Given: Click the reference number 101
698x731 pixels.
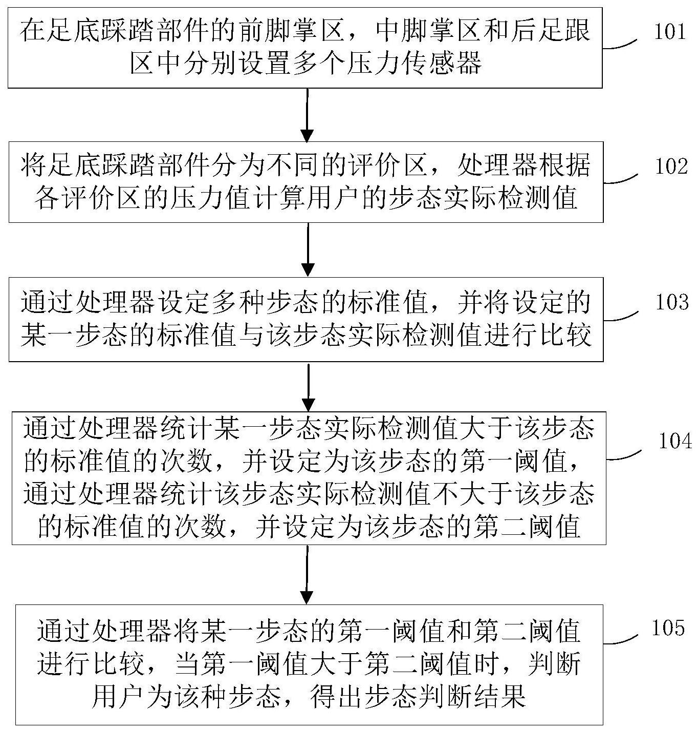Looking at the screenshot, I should (669, 32).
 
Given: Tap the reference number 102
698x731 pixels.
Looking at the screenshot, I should (671, 166).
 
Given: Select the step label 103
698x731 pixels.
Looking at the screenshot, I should (672, 302).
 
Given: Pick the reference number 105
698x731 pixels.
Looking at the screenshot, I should (668, 628).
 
